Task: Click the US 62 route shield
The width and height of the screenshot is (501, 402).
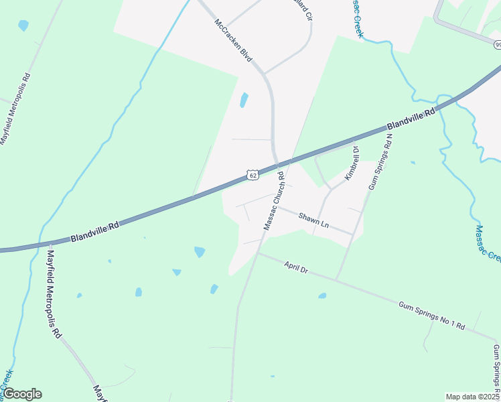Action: [x=252, y=175]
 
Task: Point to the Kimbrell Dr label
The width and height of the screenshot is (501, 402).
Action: [x=352, y=163]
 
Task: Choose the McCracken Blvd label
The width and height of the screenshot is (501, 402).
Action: [x=233, y=40]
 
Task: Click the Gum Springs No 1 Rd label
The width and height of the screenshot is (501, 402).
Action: [x=431, y=315]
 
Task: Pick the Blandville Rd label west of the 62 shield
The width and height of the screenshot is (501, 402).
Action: [x=94, y=232]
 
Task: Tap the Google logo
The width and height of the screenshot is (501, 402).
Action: [x=23, y=394]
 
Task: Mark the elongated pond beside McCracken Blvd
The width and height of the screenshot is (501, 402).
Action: [x=244, y=100]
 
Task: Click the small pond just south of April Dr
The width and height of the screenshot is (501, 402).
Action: [x=322, y=295]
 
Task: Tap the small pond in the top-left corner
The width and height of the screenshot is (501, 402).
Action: [x=23, y=25]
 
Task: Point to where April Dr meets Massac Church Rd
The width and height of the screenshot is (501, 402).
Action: [x=259, y=253]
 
